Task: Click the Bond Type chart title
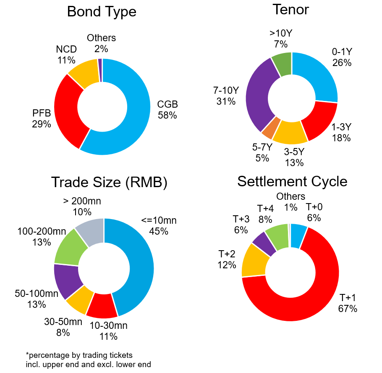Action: coord(102,12)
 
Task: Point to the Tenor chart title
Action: coord(290,9)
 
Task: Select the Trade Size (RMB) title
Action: coord(109,183)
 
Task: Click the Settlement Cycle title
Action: coord(292,181)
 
